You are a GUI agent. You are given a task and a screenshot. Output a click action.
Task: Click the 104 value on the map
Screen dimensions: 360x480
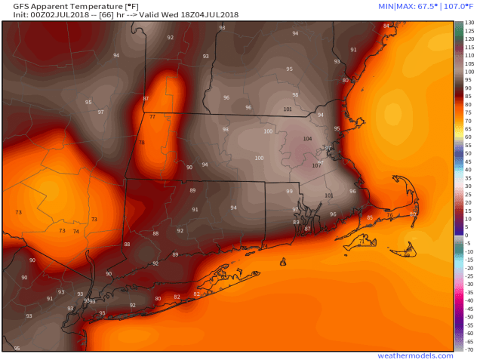[x=306, y=139]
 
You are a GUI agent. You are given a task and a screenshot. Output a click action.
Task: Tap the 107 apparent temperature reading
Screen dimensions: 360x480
[x=316, y=165]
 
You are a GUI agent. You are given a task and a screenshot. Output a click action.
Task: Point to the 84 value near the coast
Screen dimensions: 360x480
[x=386, y=26]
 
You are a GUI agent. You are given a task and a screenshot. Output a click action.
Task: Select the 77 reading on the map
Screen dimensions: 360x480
[x=152, y=117]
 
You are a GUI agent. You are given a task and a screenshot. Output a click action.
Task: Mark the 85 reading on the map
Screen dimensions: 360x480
[x=370, y=217]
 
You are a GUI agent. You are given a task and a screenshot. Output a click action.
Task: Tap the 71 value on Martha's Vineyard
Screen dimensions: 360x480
[x=362, y=242]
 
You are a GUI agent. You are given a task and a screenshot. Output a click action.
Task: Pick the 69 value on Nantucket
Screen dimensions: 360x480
[x=407, y=255]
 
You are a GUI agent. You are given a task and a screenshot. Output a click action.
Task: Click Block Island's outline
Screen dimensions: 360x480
[x=282, y=262]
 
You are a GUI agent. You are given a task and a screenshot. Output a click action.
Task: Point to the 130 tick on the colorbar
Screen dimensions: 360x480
[x=469, y=23]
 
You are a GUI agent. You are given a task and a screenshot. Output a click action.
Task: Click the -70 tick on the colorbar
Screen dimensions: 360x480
[x=469, y=349]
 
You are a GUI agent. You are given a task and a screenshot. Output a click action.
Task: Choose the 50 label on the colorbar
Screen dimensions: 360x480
[x=468, y=153]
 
